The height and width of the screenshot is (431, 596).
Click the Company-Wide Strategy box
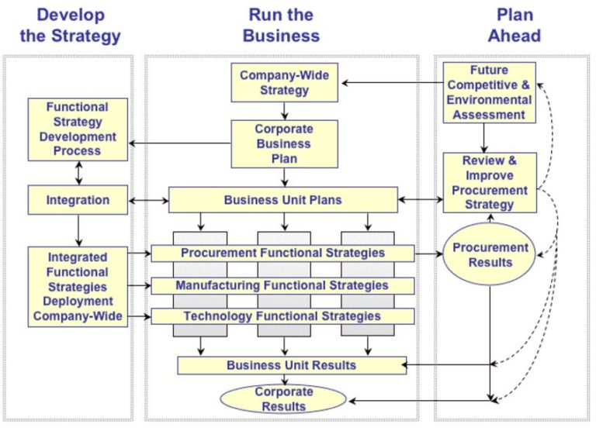pyautogui.click(x=285, y=82)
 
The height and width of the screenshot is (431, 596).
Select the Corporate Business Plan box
pyautogui.click(x=285, y=143)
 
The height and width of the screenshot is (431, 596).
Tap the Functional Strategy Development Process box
pyautogui.click(x=78, y=129)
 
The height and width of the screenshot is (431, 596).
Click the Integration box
pyautogui.click(x=78, y=200)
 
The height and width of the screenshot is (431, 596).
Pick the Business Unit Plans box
pyautogui.click(x=283, y=200)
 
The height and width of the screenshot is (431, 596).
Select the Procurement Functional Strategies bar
pyautogui.click(x=282, y=253)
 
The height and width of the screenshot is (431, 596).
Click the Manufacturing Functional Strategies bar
pyautogui.click(x=282, y=285)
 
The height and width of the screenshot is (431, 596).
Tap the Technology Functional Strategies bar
pyautogui.click(x=282, y=316)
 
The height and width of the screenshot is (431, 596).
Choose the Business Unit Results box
pyautogui.click(x=291, y=365)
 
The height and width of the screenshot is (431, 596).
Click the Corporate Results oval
pyautogui.click(x=285, y=398)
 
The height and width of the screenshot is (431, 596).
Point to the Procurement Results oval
pyautogui.click(x=490, y=255)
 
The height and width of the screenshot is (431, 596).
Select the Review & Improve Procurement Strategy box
pyautogui.click(x=489, y=183)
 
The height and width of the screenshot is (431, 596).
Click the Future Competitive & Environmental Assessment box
pyautogui.click(x=489, y=93)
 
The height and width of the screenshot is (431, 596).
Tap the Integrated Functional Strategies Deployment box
pyautogui.click(x=78, y=286)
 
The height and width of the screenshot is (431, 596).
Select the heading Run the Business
pyautogui.click(x=280, y=26)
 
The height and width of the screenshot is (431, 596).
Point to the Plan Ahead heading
pyautogui.click(x=514, y=26)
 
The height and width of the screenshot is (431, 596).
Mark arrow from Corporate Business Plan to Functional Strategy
pyautogui.click(x=180, y=143)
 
